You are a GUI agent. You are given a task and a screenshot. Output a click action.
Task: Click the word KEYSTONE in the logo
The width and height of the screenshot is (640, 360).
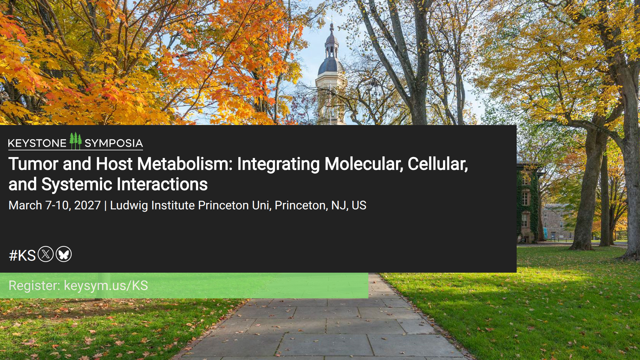pos(37,143)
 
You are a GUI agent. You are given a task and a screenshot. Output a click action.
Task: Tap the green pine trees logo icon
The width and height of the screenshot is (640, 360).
pos(76,141)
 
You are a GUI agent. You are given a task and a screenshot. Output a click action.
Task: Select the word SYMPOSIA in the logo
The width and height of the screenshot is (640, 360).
pos(114,143)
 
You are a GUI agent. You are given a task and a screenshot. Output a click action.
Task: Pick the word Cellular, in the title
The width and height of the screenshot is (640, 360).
pos(438,164)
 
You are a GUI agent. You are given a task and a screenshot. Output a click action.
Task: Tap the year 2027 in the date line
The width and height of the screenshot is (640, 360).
pos(87,205)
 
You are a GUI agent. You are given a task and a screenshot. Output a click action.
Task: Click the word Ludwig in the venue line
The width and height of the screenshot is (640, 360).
pos(129,206)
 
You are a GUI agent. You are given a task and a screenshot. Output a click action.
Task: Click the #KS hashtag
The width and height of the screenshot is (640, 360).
pos(22,256)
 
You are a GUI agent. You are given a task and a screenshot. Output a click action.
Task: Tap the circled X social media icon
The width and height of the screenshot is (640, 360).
pos(46,254)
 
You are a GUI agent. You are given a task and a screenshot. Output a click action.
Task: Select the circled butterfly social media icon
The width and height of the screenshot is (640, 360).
pos(64,254)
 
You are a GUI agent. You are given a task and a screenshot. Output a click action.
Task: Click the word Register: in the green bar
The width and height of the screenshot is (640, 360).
pos(34,286)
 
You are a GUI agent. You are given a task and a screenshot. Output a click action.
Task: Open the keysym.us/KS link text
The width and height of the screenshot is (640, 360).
pos(106,286)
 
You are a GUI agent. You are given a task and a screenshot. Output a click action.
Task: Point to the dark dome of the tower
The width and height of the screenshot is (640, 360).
pos(331,65)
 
